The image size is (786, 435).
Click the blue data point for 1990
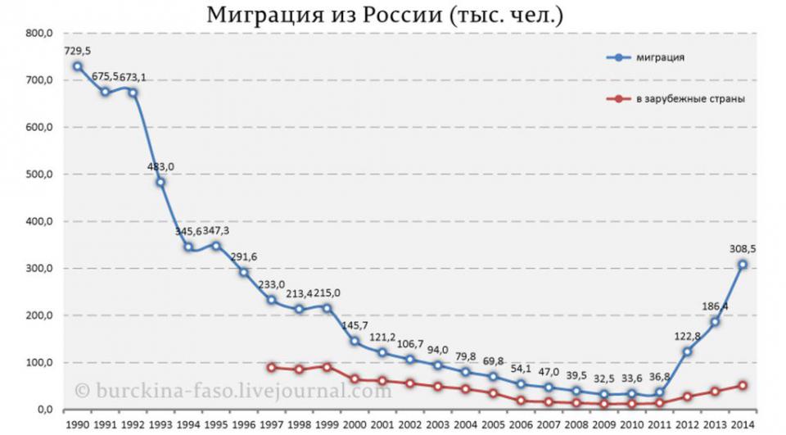(x=77, y=66)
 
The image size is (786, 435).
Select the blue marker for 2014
(x=743, y=265)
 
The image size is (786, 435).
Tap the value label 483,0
(x=160, y=166)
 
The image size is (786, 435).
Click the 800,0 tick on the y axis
(x=40, y=33)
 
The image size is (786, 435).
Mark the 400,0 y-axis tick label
(x=40, y=221)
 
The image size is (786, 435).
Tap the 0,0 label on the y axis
(x=43, y=410)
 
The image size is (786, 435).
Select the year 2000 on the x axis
(x=355, y=425)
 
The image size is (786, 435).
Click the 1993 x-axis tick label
(x=161, y=425)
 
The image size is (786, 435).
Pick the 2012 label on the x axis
(x=688, y=425)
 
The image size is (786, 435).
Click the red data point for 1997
(x=271, y=368)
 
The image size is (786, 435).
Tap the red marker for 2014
(x=743, y=385)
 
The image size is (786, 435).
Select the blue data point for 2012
(x=688, y=351)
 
